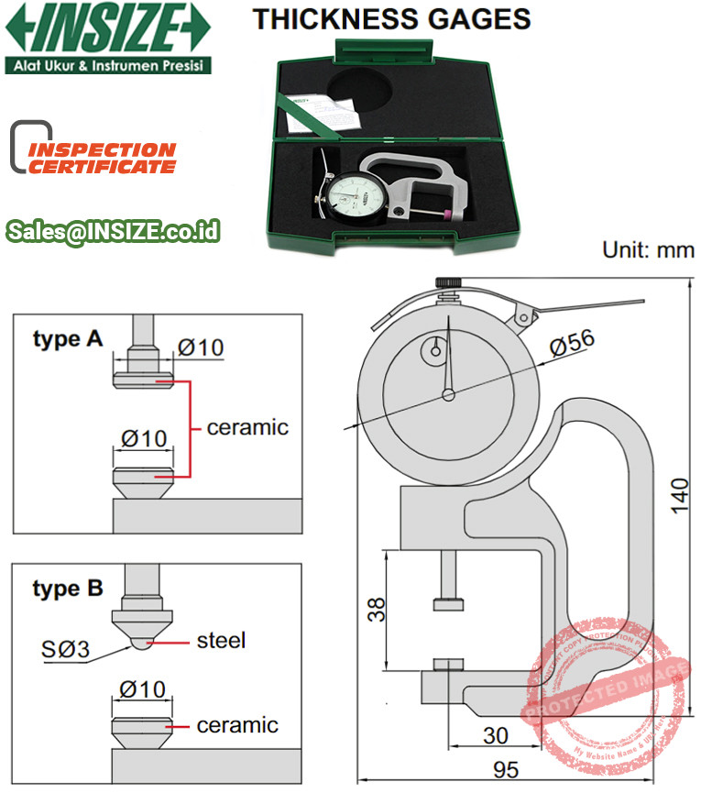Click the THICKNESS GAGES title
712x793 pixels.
point(391,18)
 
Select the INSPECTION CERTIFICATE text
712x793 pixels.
point(102,158)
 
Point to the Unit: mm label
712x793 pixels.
point(647,250)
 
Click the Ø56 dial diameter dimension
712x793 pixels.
point(573,344)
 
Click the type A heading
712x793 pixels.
point(69,339)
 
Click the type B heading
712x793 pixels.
point(69,588)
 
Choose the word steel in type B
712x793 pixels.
point(222,640)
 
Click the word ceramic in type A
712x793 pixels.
point(247,427)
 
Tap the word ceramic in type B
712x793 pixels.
point(237,725)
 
